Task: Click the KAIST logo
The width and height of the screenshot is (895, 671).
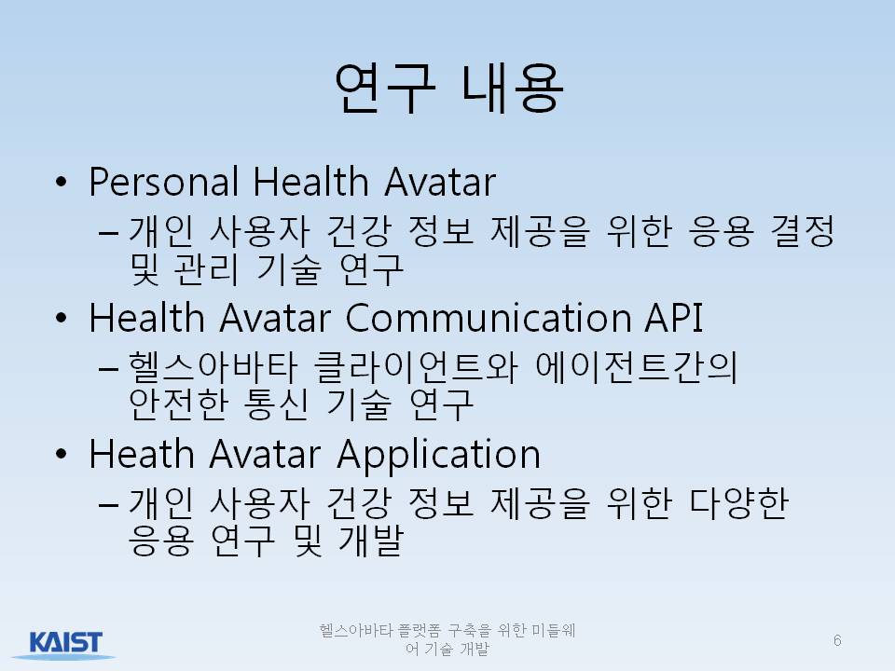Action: [x=65, y=643]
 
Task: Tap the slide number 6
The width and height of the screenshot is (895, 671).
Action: [x=837, y=640]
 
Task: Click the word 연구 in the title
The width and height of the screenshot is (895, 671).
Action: [x=384, y=88]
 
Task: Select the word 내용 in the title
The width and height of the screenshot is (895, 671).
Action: [x=513, y=88]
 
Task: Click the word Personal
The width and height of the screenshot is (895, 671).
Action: [x=164, y=182]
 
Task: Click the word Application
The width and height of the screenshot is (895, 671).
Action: [x=438, y=455]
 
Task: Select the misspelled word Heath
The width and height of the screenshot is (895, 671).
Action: [x=142, y=454]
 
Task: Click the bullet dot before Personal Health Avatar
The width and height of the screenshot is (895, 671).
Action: [x=62, y=183]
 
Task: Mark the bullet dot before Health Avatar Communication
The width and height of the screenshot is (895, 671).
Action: [x=62, y=319]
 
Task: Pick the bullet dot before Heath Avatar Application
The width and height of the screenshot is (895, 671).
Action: [x=62, y=455]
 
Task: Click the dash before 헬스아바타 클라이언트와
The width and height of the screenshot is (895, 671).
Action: [x=108, y=369]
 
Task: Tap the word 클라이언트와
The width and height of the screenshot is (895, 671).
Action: [x=416, y=367]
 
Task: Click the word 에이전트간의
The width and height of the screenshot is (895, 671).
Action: [x=637, y=367]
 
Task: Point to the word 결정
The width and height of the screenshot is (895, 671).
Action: [x=803, y=231]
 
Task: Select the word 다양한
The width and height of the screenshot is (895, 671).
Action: [x=738, y=503]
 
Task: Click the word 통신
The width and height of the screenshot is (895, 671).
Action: [x=276, y=404]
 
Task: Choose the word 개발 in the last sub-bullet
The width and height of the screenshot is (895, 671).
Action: [x=371, y=540]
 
